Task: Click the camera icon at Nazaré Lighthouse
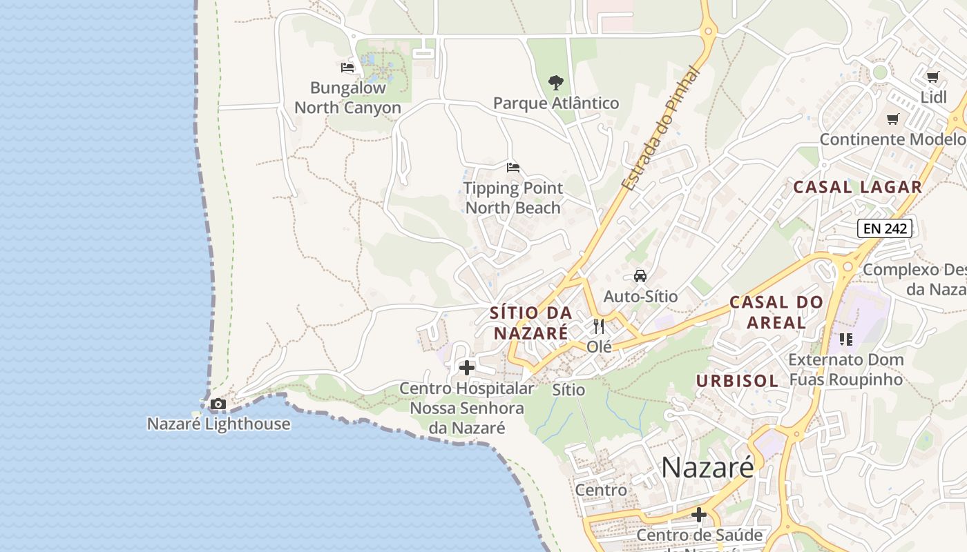tap(218, 404)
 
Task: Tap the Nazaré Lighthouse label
tap(218, 424)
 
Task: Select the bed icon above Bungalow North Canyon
tap(347, 68)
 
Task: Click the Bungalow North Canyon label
tap(347, 98)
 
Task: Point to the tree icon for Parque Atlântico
tap(555, 83)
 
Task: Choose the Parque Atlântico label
tap(556, 103)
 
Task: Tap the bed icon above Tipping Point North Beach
tap(513, 168)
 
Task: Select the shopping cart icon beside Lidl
tap(933, 77)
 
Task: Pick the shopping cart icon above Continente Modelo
tap(893, 119)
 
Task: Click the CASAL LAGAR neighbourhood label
tap(857, 187)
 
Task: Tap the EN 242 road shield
tap(885, 228)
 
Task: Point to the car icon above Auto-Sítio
tap(640, 276)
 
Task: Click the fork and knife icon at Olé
tap(599, 326)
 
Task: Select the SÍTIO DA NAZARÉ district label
tap(530, 322)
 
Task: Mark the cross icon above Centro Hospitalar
tap(467, 368)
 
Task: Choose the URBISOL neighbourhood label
tap(737, 381)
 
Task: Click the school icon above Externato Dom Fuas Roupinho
tap(846, 339)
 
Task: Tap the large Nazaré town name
tap(708, 467)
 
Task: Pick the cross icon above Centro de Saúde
tap(699, 515)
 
